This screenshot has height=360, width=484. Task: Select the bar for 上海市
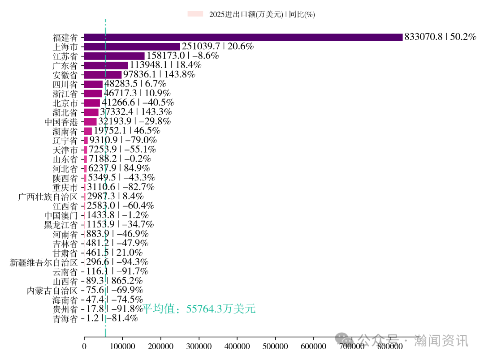tap(132, 47)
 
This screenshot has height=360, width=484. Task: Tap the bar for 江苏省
tap(114, 56)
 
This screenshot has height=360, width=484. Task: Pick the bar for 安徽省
tap(103, 75)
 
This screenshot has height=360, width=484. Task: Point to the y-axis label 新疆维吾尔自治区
tap(44, 262)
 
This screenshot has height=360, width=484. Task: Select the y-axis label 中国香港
tap(61, 122)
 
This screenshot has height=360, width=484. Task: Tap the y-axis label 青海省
tap(65, 319)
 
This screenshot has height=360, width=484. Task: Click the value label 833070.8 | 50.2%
tap(440, 37)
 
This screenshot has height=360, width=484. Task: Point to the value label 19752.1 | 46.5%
tap(127, 131)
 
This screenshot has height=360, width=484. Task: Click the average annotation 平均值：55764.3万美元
tap(199, 309)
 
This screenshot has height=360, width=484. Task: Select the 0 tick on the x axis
tap(84, 346)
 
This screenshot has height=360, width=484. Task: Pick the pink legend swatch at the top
tap(195, 14)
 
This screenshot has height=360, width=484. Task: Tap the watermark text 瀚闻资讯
tap(441, 340)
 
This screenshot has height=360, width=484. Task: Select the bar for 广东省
tap(106, 65)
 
